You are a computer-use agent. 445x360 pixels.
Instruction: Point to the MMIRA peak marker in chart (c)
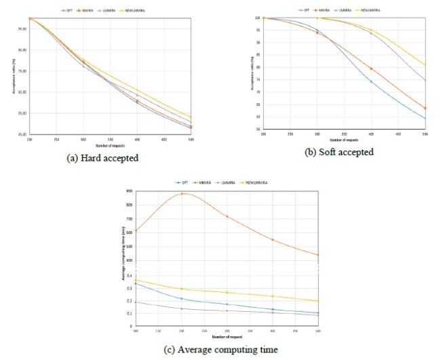point(182,194)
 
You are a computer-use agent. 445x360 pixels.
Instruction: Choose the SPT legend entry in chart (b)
point(301,11)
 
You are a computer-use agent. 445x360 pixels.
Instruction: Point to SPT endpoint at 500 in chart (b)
point(425,119)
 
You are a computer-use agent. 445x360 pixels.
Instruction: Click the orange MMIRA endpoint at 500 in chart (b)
point(425,108)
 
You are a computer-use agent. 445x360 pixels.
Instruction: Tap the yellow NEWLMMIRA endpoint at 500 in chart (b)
point(425,66)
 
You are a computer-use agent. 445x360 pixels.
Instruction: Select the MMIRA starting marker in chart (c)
point(136,231)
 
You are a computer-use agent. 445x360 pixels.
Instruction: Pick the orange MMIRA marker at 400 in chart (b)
point(370,68)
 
